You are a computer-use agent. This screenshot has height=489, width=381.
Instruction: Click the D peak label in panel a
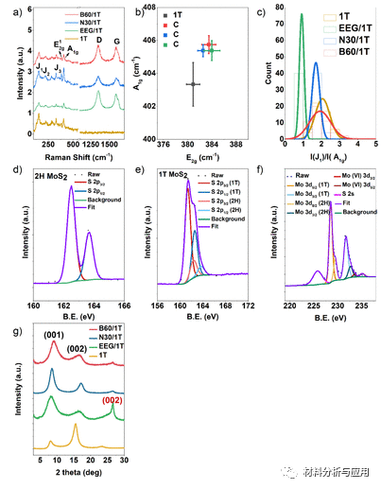coord(98,42)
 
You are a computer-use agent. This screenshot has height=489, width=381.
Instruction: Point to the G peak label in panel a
coord(116,42)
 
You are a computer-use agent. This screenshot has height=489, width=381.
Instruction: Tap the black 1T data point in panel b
coord(191,84)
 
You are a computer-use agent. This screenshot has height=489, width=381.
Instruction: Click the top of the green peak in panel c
coord(301,14)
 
